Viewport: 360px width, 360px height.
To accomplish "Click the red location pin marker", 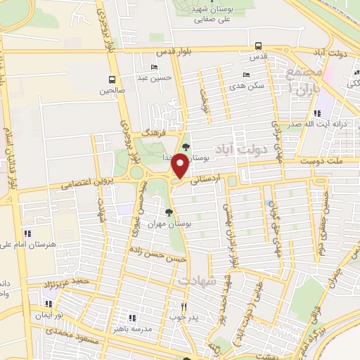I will pos(180,166).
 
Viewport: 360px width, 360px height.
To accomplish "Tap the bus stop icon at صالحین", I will pos(112,79).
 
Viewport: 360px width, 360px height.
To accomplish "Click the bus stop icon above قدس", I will pos(259,45).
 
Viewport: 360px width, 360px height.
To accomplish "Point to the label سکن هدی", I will pos(251,86).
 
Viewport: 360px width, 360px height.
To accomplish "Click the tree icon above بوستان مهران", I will pos(169,212).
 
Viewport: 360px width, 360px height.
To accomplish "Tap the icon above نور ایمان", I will pos(49,304).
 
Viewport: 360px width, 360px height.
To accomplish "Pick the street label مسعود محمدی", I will pos(67,339).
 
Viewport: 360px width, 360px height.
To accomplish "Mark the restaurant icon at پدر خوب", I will pos(184,306).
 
